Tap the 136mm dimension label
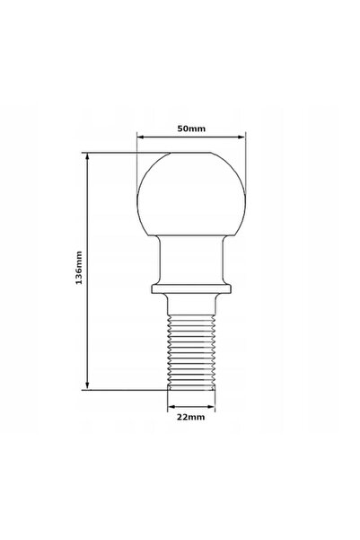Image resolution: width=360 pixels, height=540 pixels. point(79,270)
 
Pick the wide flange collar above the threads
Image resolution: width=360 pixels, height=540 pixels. point(191,289)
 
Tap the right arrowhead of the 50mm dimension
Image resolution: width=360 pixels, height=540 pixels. point(241,137)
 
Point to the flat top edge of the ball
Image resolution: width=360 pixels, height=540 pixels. point(191,154)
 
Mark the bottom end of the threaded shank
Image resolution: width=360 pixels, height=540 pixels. point(191,389)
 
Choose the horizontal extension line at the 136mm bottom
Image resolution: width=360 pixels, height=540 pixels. point(126,389)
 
